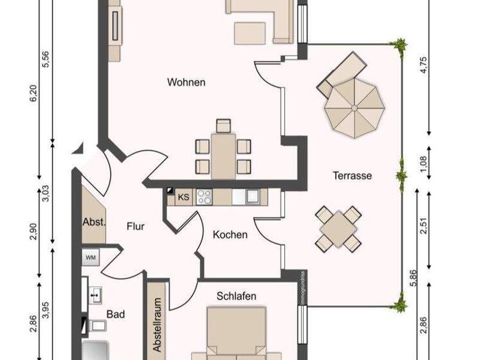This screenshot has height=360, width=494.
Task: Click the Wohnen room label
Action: click(x=186, y=82)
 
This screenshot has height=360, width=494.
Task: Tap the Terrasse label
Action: click(x=352, y=175)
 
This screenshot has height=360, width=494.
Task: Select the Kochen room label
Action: click(x=230, y=235)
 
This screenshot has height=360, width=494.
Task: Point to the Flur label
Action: click(x=135, y=226)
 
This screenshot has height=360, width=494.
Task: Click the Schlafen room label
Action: click(x=237, y=296)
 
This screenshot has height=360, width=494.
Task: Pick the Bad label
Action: click(x=116, y=314)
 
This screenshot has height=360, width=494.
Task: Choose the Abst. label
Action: click(x=94, y=221)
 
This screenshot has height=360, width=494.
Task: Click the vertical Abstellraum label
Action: click(x=156, y=324)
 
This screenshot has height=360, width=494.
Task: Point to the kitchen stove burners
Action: click(x=204, y=196)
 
